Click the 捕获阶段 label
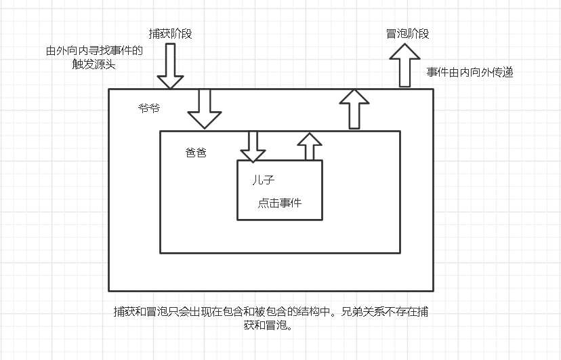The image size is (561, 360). (x=170, y=33)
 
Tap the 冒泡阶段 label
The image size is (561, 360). (x=407, y=33)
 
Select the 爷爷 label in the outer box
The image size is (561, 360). (x=149, y=108)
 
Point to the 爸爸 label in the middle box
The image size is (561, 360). (x=196, y=153)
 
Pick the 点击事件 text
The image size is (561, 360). (x=279, y=203)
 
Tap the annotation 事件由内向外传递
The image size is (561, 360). (x=470, y=72)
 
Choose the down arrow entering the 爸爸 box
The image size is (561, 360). (x=204, y=108)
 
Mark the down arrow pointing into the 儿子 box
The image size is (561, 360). (x=253, y=146)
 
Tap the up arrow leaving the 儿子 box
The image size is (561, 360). (x=310, y=146)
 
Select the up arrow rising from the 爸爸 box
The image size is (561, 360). (x=354, y=108)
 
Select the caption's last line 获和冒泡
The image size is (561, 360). (x=271, y=325)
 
